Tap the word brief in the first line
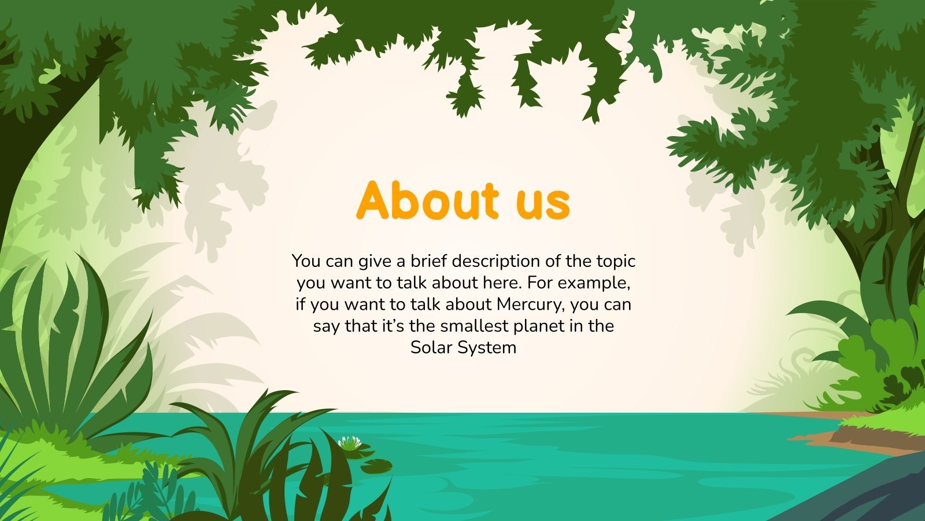tap(430, 261)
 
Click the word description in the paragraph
tap(497, 262)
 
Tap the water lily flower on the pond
tap(349, 443)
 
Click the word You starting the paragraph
tap(306, 261)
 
